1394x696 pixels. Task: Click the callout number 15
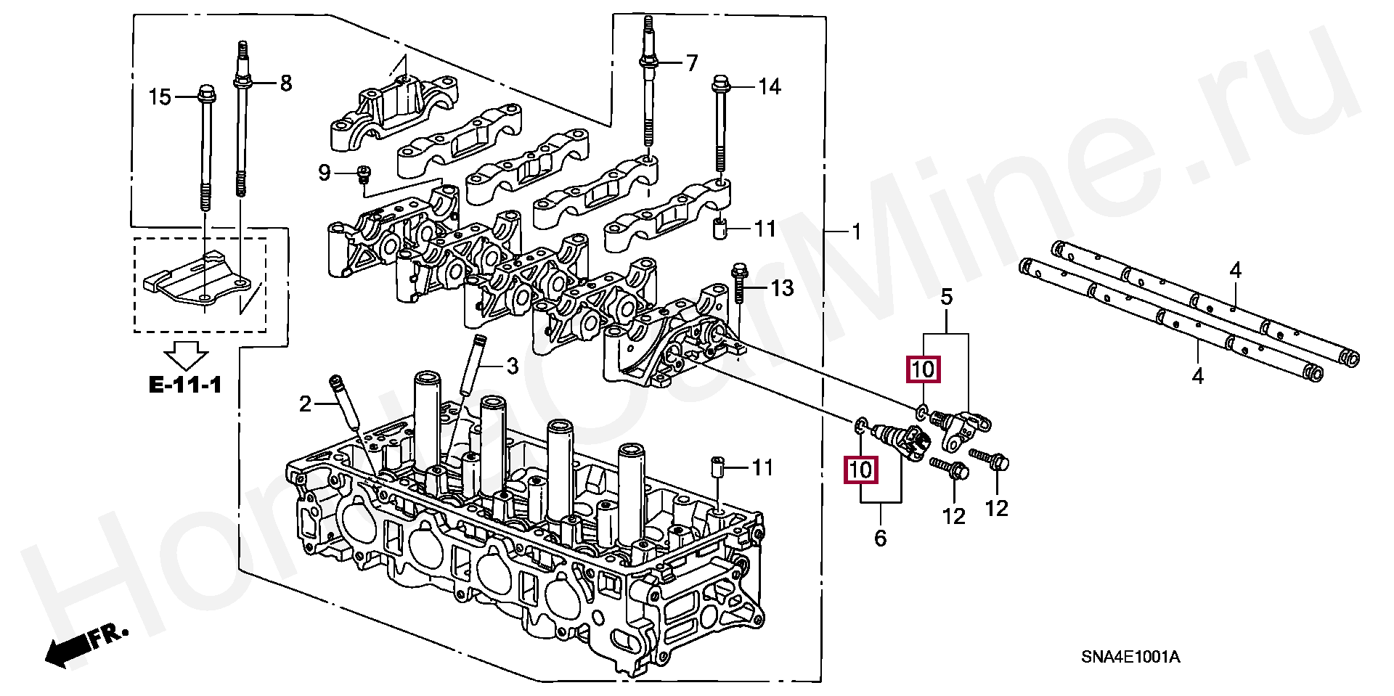tap(161, 96)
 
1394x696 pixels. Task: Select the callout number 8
tap(285, 83)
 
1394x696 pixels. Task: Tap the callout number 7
tap(691, 63)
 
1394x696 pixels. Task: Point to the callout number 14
tap(770, 87)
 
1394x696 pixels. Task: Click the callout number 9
tap(324, 173)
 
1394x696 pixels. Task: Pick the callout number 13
tap(783, 289)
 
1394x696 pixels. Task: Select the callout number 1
tap(856, 232)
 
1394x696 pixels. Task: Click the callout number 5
tap(947, 296)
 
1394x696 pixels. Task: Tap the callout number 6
tap(881, 538)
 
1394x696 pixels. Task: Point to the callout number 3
tap(512, 367)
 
